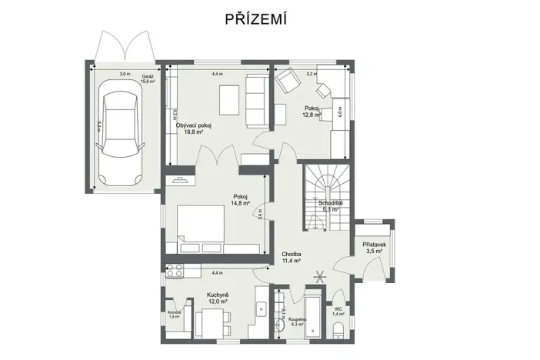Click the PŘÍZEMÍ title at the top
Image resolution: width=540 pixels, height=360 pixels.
pyautogui.click(x=256, y=19)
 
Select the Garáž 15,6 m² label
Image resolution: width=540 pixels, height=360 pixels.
pyautogui.click(x=148, y=78)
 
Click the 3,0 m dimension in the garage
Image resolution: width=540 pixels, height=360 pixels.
pyautogui.click(x=125, y=75)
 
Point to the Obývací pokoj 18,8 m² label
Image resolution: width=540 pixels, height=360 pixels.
pyautogui.click(x=194, y=128)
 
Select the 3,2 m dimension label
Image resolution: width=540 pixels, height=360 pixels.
pyautogui.click(x=311, y=75)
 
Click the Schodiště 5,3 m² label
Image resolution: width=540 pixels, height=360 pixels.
pyautogui.click(x=319, y=206)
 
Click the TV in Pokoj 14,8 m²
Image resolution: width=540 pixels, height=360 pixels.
pyautogui.click(x=182, y=181)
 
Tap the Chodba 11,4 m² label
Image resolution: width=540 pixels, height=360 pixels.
pyautogui.click(x=291, y=258)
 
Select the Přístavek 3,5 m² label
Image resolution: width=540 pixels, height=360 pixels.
pyautogui.click(x=375, y=248)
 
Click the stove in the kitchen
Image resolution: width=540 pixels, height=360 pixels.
pyautogui.click(x=174, y=271)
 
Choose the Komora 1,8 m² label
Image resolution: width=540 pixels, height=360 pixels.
pyautogui.click(x=175, y=315)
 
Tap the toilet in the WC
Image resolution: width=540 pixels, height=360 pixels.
pyautogui.click(x=339, y=330)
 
